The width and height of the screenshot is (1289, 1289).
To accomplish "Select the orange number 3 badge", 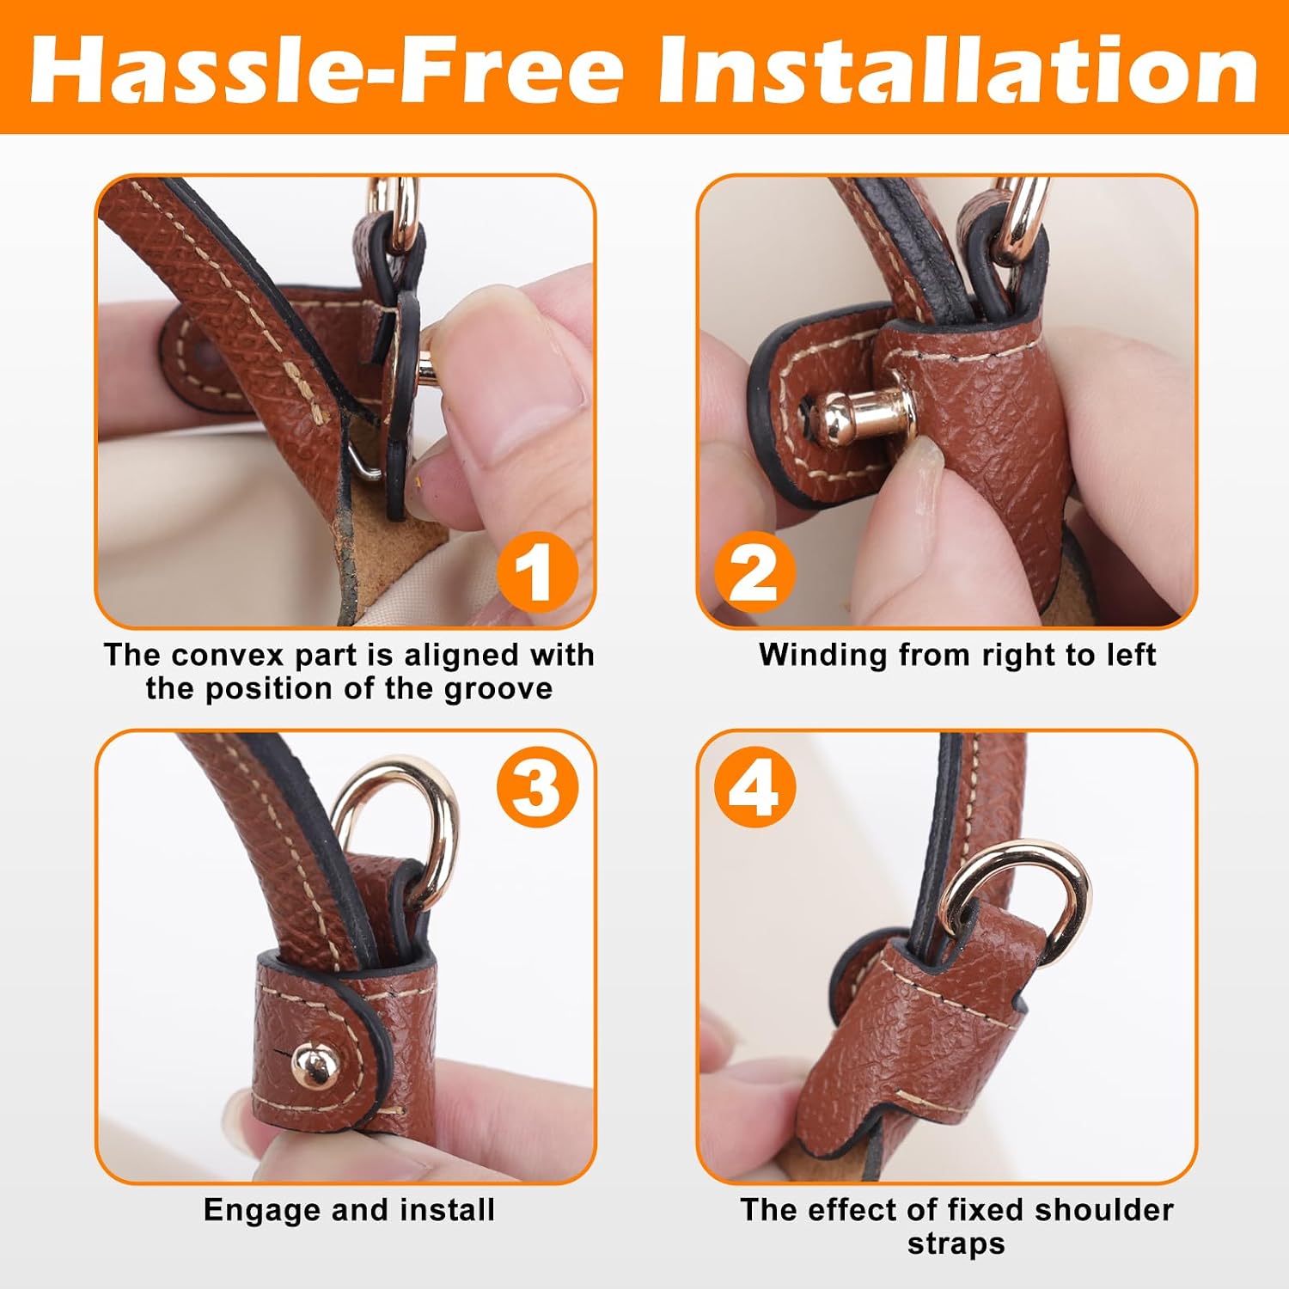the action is coord(535,787).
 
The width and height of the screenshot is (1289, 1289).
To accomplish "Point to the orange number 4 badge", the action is coord(754,787).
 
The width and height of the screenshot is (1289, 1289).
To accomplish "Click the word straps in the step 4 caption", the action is coord(956,1244).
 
